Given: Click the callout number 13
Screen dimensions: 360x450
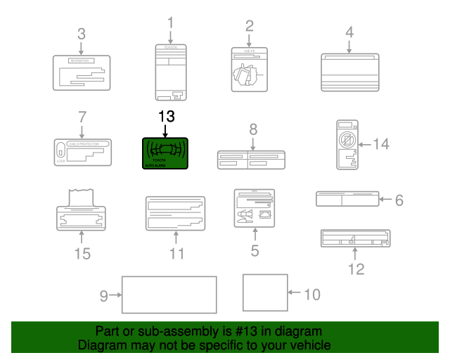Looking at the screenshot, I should click(x=165, y=117).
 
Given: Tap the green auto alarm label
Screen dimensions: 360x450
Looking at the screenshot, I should click(x=165, y=153).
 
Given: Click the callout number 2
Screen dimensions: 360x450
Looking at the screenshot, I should click(x=249, y=27).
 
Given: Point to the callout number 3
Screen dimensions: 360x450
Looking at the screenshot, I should click(x=82, y=34).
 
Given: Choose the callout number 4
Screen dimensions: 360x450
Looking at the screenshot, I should click(x=349, y=32).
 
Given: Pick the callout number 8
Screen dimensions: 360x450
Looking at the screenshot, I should click(x=253, y=129).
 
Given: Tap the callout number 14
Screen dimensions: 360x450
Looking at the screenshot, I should click(x=380, y=144).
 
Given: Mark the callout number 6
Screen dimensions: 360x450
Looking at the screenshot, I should click(x=399, y=200).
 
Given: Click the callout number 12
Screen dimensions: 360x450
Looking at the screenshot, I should click(x=356, y=269).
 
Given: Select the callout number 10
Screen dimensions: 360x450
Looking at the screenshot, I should click(x=311, y=293).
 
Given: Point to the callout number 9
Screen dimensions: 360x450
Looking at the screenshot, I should click(x=104, y=296).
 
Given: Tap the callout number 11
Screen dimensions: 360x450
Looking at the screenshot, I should click(x=176, y=253).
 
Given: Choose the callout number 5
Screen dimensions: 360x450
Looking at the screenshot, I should click(x=255, y=250).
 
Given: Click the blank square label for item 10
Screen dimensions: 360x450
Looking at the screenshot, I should click(x=265, y=292).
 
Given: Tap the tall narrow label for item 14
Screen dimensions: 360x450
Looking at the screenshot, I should click(x=345, y=145).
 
